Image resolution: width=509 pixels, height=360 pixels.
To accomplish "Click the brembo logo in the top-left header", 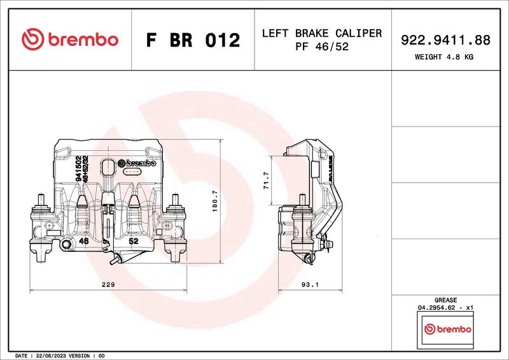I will pyautogui.click(x=70, y=39).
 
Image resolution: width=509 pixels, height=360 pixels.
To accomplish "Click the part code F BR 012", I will pyautogui.click(x=193, y=40).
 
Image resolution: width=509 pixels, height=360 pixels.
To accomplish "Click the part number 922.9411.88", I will pyautogui.click(x=445, y=40).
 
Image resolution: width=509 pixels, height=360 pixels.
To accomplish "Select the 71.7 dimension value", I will pyautogui.click(x=267, y=180).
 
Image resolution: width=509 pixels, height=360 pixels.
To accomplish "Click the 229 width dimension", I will pyautogui.click(x=108, y=285).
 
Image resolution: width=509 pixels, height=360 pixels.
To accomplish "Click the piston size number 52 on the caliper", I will pyautogui.click(x=134, y=242).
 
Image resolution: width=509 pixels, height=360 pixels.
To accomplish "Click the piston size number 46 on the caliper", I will pyautogui.click(x=83, y=242).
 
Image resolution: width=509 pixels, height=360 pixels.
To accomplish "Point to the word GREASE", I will pyautogui.click(x=445, y=300).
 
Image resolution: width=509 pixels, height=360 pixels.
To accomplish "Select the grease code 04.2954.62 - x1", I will pyautogui.click(x=445, y=307).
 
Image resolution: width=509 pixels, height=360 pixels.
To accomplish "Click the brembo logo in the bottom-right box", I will pyautogui.click(x=447, y=329).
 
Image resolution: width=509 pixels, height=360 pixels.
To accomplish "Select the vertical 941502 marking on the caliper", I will pyautogui.click(x=78, y=169).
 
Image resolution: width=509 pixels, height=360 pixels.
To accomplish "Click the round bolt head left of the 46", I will pyautogui.click(x=67, y=244).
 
